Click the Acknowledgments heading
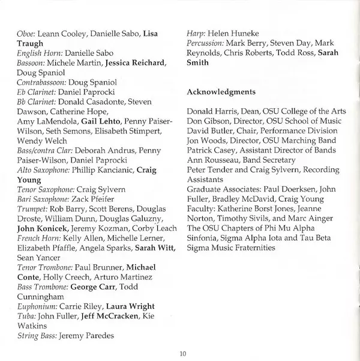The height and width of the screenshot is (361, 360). [221, 92]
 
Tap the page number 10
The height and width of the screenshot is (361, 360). [183, 353]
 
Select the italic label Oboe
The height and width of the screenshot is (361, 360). [28, 34]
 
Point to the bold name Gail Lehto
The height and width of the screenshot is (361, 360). [101, 121]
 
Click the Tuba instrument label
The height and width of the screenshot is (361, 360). [26, 316]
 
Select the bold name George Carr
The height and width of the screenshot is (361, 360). [94, 287]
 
